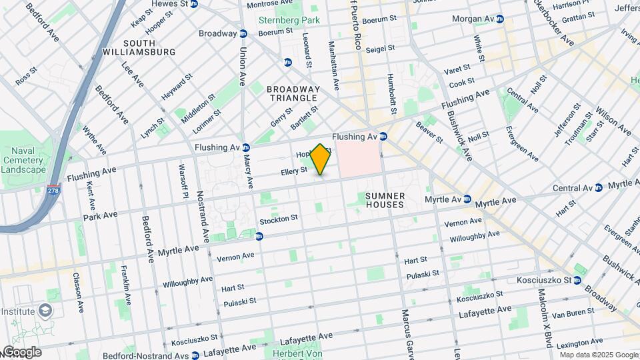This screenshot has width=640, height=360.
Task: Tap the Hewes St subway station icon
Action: click(x=194, y=4)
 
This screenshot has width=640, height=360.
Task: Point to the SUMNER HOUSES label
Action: click(x=385, y=200)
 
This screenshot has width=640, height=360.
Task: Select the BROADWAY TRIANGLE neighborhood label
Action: click(x=293, y=93)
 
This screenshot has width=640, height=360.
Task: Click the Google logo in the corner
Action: click(x=21, y=352)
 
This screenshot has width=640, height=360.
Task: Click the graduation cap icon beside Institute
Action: click(x=45, y=311)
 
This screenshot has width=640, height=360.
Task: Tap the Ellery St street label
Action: click(x=293, y=171)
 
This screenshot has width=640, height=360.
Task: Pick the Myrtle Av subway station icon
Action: click(x=467, y=199)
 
